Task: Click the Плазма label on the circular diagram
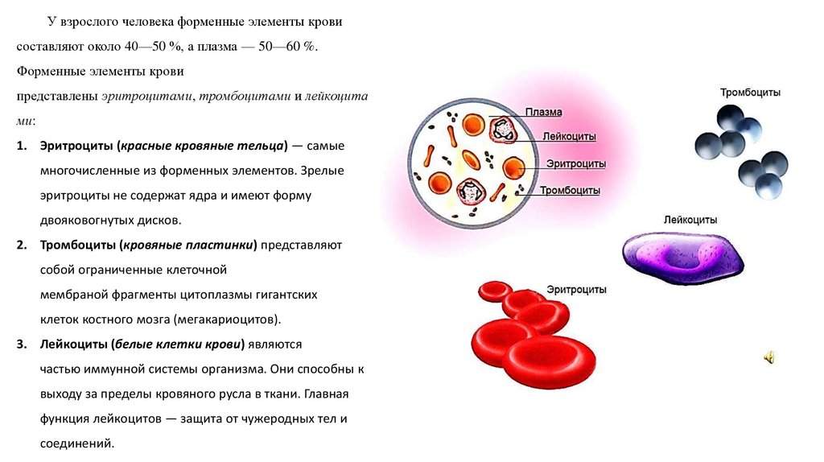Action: (x=543, y=112)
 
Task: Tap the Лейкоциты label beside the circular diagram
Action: (x=569, y=137)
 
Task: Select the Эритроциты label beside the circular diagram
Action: (x=576, y=164)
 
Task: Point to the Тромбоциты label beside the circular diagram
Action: (x=570, y=190)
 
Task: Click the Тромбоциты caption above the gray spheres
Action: (x=750, y=93)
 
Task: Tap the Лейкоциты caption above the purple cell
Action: (x=690, y=220)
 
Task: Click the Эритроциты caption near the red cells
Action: (x=576, y=290)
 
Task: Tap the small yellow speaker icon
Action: (x=768, y=358)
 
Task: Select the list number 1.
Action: (x=22, y=146)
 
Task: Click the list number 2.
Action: (x=22, y=245)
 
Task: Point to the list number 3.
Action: (x=22, y=344)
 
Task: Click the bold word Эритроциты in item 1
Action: (x=76, y=146)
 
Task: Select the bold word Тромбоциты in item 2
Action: (x=80, y=245)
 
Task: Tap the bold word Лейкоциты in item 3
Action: (x=73, y=344)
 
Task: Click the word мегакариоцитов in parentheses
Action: (x=228, y=320)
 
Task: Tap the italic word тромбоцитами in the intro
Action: (x=245, y=97)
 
